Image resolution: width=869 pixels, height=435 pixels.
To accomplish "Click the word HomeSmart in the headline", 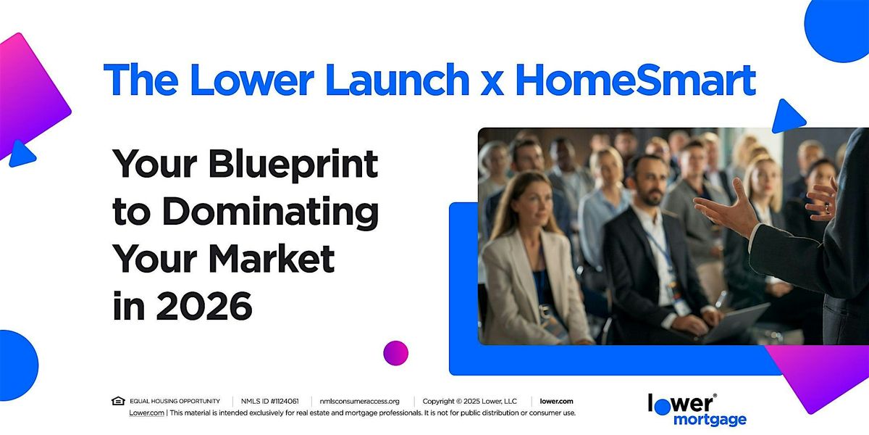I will [x=636, y=80].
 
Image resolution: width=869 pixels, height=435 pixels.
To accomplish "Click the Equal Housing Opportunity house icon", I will [x=118, y=401].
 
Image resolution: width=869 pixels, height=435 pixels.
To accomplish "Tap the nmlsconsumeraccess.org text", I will [x=359, y=401].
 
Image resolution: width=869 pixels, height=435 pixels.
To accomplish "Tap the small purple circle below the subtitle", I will [x=395, y=352].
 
